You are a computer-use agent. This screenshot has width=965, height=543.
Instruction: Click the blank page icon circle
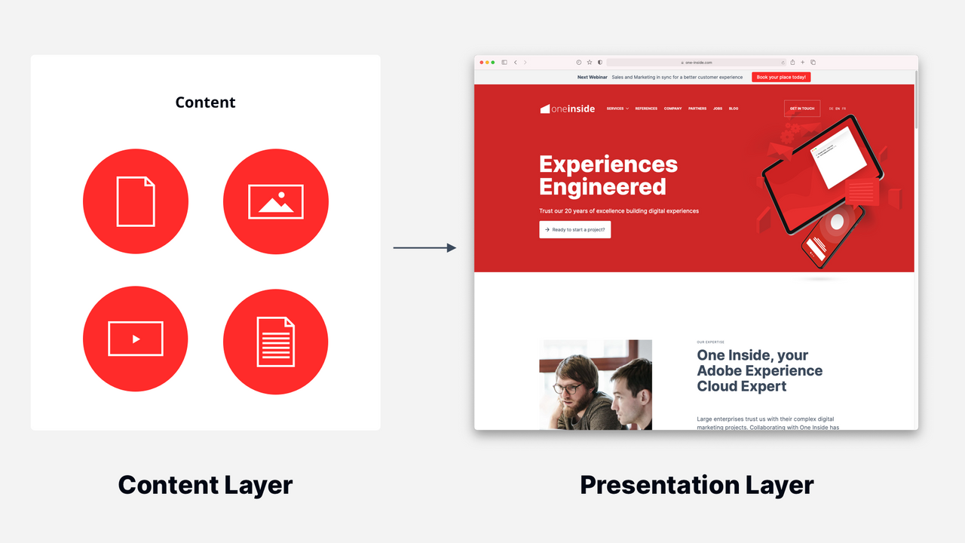coord(136,201)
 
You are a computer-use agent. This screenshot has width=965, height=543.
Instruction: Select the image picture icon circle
coord(276,201)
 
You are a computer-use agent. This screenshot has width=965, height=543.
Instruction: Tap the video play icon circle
coord(136,339)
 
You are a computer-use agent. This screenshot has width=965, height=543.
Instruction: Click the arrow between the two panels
coord(424,247)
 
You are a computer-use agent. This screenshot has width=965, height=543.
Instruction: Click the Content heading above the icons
coord(205,103)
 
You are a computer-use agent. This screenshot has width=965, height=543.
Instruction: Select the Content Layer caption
coord(205,484)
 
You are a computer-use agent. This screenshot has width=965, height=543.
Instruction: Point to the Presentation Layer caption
coord(697,484)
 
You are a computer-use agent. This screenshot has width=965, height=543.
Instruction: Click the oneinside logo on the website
coord(568,109)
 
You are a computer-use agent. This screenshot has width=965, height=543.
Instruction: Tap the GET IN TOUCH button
coord(801,109)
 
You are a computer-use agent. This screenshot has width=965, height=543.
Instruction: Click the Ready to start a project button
coord(574,229)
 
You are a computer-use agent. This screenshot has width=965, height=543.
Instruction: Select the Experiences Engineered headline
coord(608,175)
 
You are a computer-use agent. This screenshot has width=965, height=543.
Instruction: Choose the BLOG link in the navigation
coord(734,109)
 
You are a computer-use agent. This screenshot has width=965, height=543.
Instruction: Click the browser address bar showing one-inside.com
coord(696,63)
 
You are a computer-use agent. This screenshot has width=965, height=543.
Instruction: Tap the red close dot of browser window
coord(482,63)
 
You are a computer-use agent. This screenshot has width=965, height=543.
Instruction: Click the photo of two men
coord(596,385)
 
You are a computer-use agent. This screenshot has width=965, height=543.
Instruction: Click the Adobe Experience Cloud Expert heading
coord(759,370)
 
